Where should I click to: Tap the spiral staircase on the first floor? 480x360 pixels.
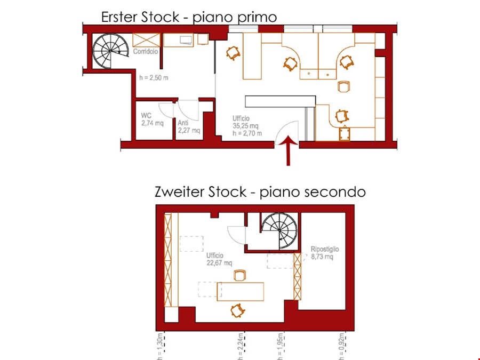(111, 51)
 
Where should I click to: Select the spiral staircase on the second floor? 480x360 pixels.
(279, 230)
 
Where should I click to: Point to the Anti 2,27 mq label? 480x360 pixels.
(189, 126)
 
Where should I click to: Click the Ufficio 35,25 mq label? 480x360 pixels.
(246, 126)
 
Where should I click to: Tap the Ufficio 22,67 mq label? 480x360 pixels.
(219, 259)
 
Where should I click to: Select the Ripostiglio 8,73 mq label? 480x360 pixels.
(324, 253)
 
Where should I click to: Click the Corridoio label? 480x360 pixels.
(145, 52)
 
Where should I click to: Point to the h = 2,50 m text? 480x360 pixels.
(154, 78)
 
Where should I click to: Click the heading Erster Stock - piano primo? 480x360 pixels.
(189, 17)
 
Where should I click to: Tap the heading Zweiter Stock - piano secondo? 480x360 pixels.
(260, 192)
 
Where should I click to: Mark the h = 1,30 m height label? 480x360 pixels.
(161, 345)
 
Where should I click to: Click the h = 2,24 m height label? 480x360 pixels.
(241, 345)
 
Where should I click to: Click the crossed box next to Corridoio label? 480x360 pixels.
(146, 39)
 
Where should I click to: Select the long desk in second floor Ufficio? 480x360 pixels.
(240, 291)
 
